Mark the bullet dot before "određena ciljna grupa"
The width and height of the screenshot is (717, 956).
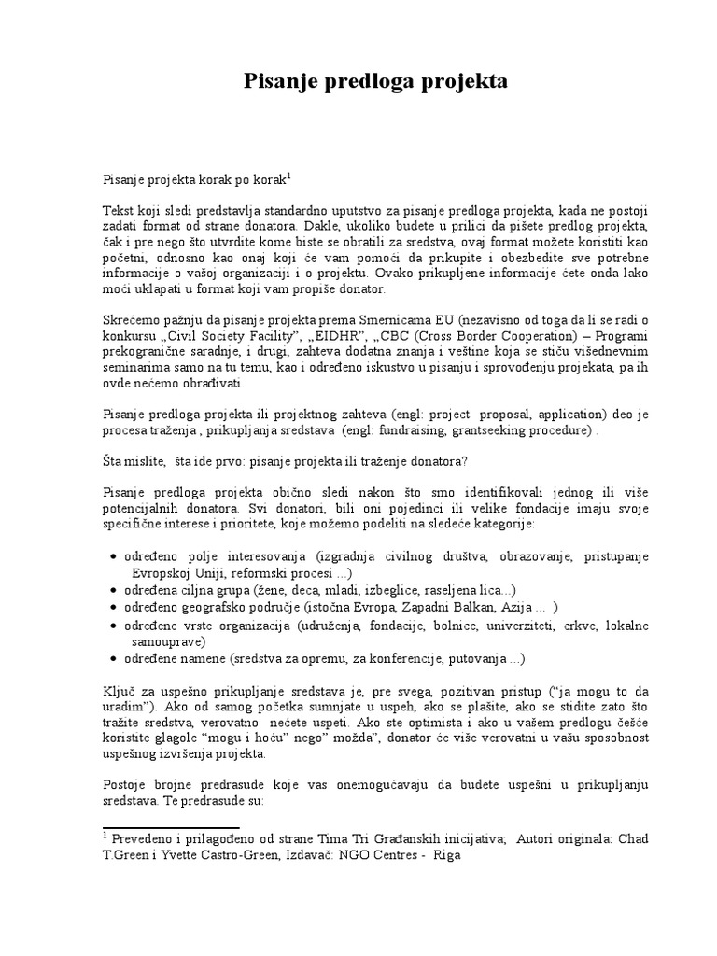(114, 591)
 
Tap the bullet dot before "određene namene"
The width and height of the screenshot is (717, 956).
(114, 658)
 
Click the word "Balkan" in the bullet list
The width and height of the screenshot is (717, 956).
(483, 607)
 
